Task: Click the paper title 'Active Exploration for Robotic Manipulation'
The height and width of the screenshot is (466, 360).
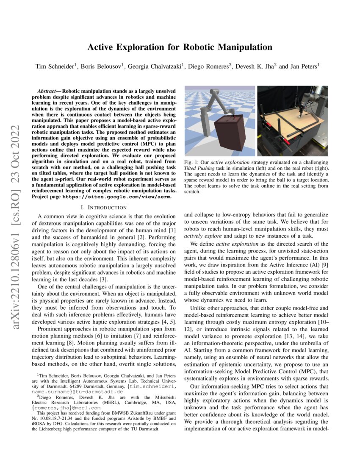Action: point(180,47)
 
